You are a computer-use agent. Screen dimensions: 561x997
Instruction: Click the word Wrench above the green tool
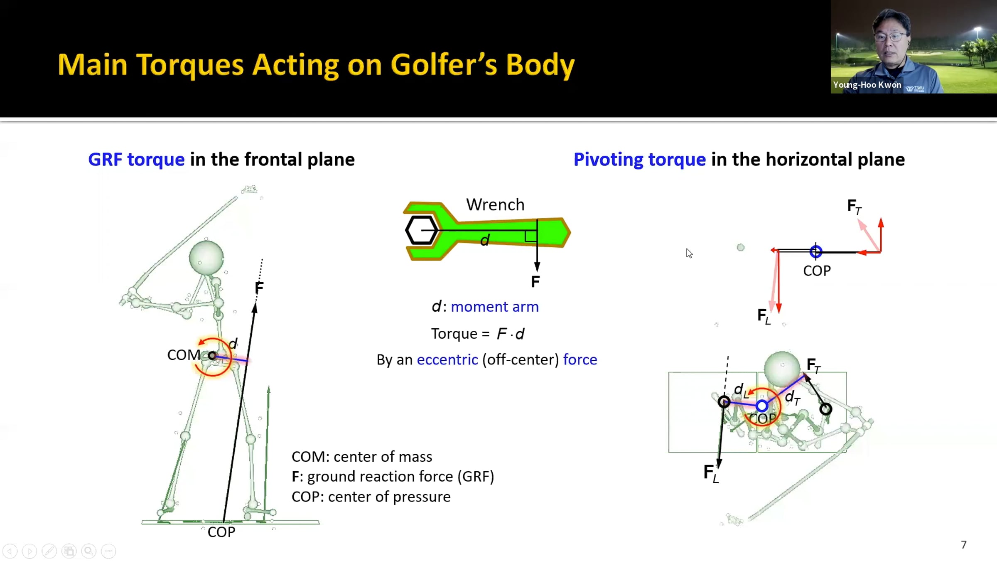tap(495, 204)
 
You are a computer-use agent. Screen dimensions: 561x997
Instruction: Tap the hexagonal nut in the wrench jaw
tap(421, 230)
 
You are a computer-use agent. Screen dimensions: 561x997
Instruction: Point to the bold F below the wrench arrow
tap(535, 282)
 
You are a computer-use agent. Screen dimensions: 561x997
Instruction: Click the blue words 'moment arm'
tap(494, 307)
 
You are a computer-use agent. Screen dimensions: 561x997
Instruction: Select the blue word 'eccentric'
tap(447, 359)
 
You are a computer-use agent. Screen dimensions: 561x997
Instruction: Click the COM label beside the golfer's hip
tap(184, 355)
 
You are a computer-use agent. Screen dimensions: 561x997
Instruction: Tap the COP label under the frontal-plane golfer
tap(221, 532)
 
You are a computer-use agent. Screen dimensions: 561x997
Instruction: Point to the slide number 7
tap(963, 544)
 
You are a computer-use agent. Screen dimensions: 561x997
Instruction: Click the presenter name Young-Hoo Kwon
tap(867, 85)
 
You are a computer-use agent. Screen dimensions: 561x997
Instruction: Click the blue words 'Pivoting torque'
tap(639, 160)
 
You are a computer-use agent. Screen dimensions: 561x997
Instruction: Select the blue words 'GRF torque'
tap(136, 160)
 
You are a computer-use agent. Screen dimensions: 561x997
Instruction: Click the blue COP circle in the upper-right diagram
tap(815, 251)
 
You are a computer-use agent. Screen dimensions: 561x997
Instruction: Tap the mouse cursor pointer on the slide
tap(689, 253)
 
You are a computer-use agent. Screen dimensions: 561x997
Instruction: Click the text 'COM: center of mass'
tap(361, 457)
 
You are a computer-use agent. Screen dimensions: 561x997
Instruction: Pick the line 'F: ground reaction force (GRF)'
tap(393, 477)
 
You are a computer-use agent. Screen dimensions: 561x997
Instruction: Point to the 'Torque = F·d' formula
tap(478, 334)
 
